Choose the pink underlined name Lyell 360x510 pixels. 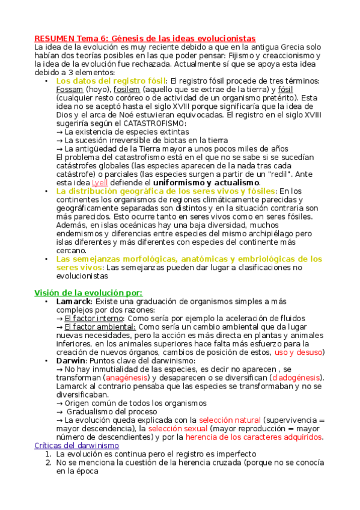coord(100,182)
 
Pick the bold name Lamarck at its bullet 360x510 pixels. coord(73,301)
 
